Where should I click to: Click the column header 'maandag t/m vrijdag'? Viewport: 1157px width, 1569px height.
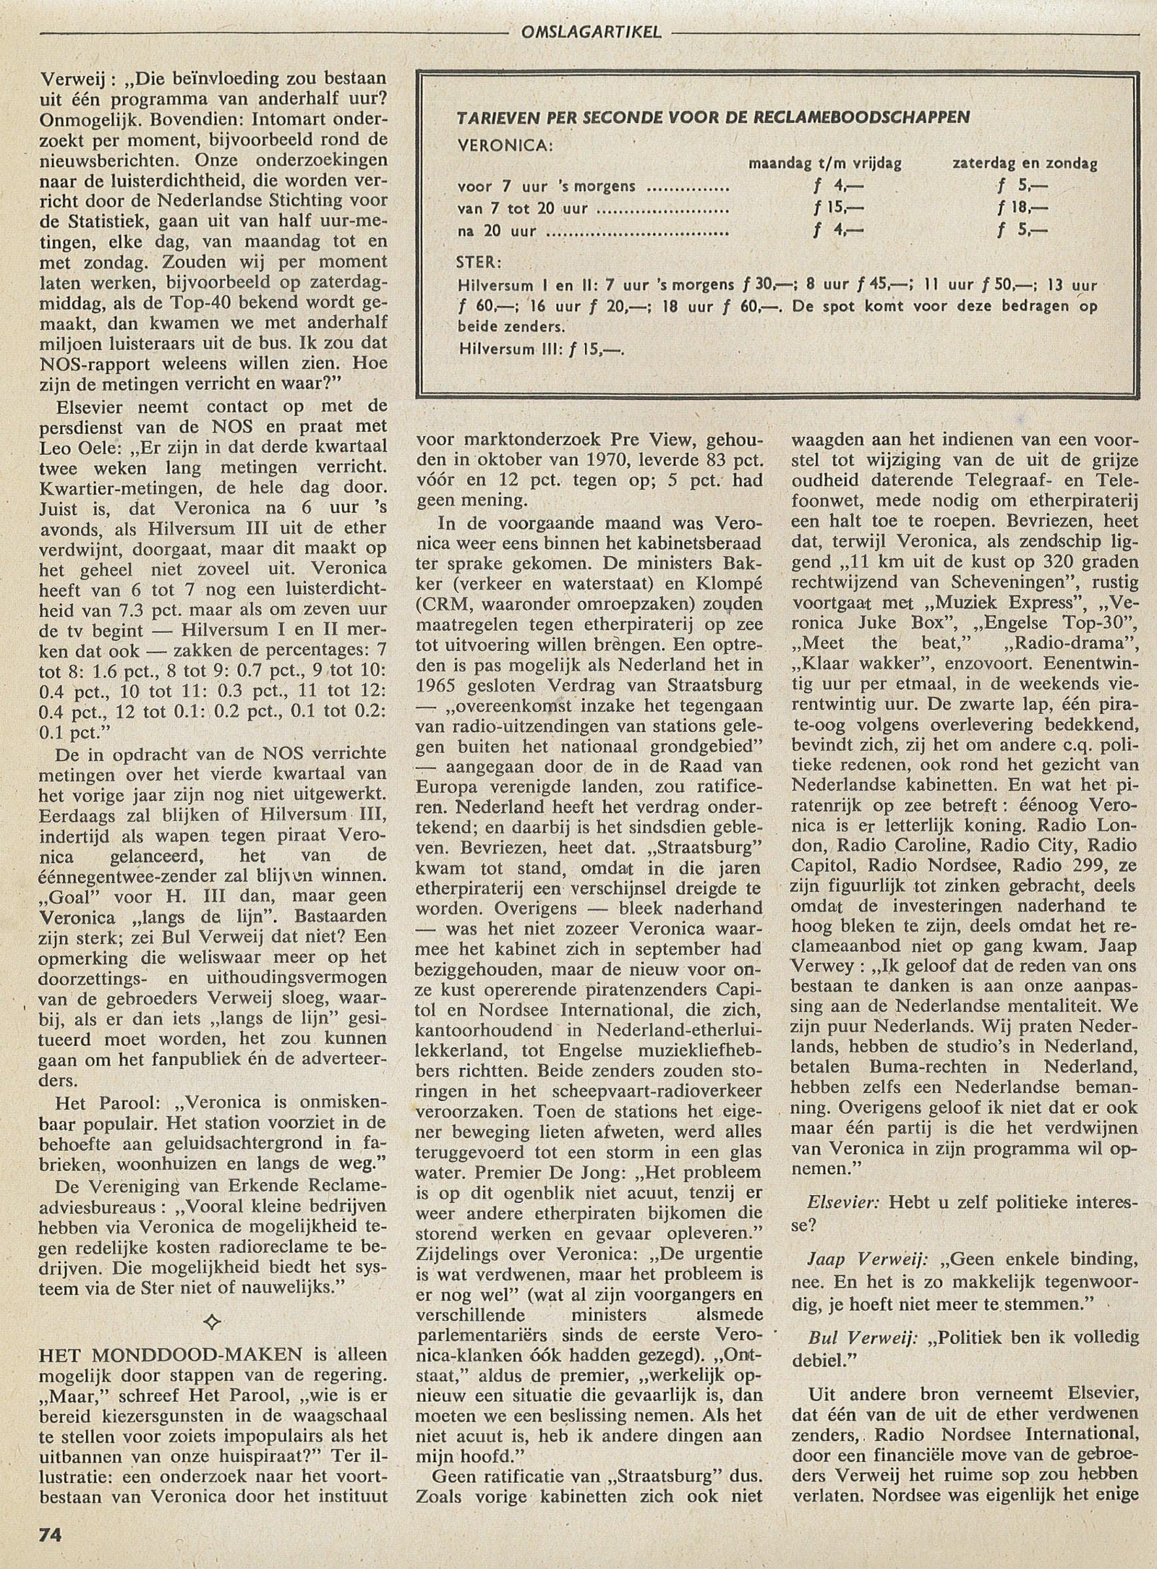coord(825,164)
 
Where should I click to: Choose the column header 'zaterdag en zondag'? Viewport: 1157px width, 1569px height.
coord(1025,164)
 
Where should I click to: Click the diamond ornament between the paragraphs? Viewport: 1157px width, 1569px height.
coord(212,1321)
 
